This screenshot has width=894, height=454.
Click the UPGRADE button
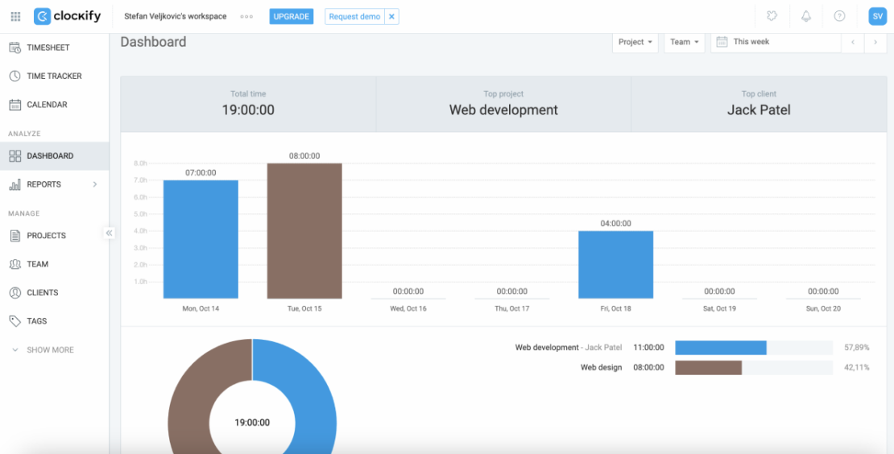tap(291, 16)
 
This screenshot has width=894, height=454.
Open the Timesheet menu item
tap(48, 47)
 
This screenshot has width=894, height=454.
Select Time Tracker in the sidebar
tap(54, 76)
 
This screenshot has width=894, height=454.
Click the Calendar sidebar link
tap(47, 105)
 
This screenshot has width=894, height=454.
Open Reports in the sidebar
tap(44, 184)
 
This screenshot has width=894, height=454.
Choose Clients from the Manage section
tap(43, 292)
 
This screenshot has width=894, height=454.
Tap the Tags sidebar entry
tap(37, 321)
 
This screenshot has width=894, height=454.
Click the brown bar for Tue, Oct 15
tap(304, 231)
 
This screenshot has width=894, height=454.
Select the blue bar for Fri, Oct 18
tap(615, 265)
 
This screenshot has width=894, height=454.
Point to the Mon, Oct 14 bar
tap(201, 239)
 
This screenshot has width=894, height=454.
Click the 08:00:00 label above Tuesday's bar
tap(304, 156)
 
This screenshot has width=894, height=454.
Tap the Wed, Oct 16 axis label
tap(408, 309)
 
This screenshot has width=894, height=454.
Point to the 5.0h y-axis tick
tap(140, 214)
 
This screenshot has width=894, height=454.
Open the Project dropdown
tap(635, 42)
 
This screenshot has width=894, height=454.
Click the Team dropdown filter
tap(684, 42)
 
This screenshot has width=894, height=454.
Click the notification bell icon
tap(805, 16)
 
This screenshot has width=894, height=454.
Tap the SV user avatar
tap(877, 16)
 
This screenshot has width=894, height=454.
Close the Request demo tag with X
tap(391, 16)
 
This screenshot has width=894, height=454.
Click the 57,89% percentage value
tap(856, 347)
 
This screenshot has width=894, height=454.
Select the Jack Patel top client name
tap(759, 110)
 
